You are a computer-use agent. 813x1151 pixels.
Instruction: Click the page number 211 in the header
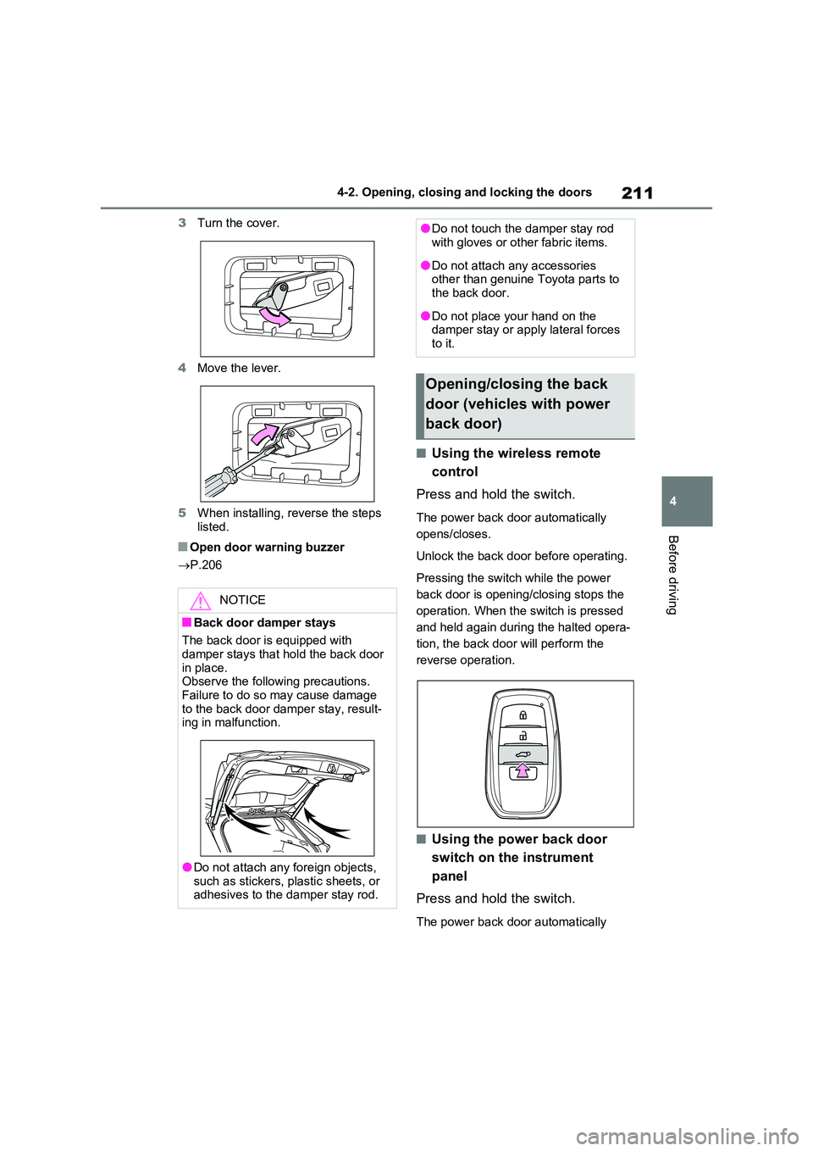click(x=637, y=193)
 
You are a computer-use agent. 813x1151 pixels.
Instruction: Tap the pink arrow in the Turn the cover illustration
click(x=274, y=316)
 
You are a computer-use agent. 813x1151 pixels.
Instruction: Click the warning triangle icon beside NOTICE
click(x=200, y=601)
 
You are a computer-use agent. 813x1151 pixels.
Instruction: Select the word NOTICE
click(x=241, y=600)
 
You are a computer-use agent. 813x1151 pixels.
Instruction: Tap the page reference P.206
click(x=206, y=565)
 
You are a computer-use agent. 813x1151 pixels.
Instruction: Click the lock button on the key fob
click(x=522, y=715)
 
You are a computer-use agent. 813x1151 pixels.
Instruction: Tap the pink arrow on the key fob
click(x=522, y=770)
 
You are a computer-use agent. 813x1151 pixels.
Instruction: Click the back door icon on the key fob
click(x=522, y=754)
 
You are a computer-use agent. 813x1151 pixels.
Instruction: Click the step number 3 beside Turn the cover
click(x=182, y=223)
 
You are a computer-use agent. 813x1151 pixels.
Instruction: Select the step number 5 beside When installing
click(x=182, y=513)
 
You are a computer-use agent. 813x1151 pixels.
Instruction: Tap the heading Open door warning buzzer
click(x=267, y=547)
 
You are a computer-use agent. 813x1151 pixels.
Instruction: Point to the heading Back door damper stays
click(x=264, y=623)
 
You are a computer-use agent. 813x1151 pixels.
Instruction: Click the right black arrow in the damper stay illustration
click(x=327, y=826)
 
